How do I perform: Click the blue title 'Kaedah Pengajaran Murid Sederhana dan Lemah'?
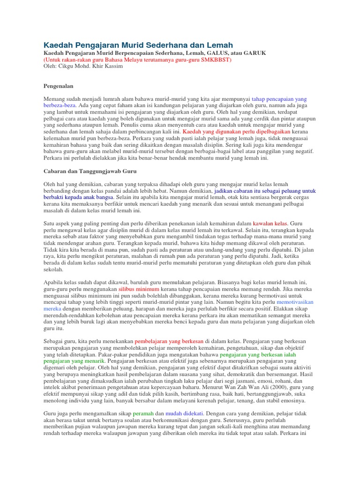[138, 45]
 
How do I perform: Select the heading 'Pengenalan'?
[58, 86]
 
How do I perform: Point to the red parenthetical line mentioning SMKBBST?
[137, 60]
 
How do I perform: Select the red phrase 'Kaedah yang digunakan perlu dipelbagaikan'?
[229, 132]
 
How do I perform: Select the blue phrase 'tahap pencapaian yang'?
[279, 99]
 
